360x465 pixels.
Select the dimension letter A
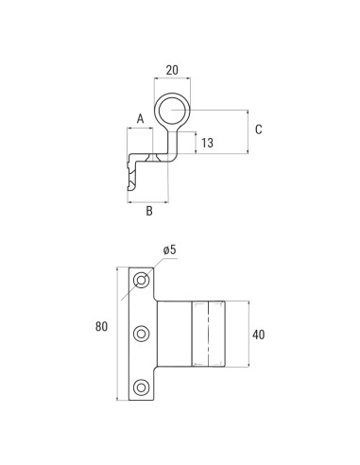click(x=140, y=118)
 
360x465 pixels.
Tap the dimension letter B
click(x=148, y=211)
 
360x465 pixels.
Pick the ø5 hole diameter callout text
click(x=170, y=249)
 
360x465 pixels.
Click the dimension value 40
click(x=260, y=334)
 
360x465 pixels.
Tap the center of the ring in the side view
click(x=171, y=112)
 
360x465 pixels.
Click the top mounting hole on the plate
click(x=142, y=281)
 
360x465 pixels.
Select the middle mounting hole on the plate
click(x=142, y=333)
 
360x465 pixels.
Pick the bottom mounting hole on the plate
click(x=142, y=386)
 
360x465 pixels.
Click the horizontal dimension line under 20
click(x=171, y=80)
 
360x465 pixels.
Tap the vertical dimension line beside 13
click(x=196, y=144)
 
